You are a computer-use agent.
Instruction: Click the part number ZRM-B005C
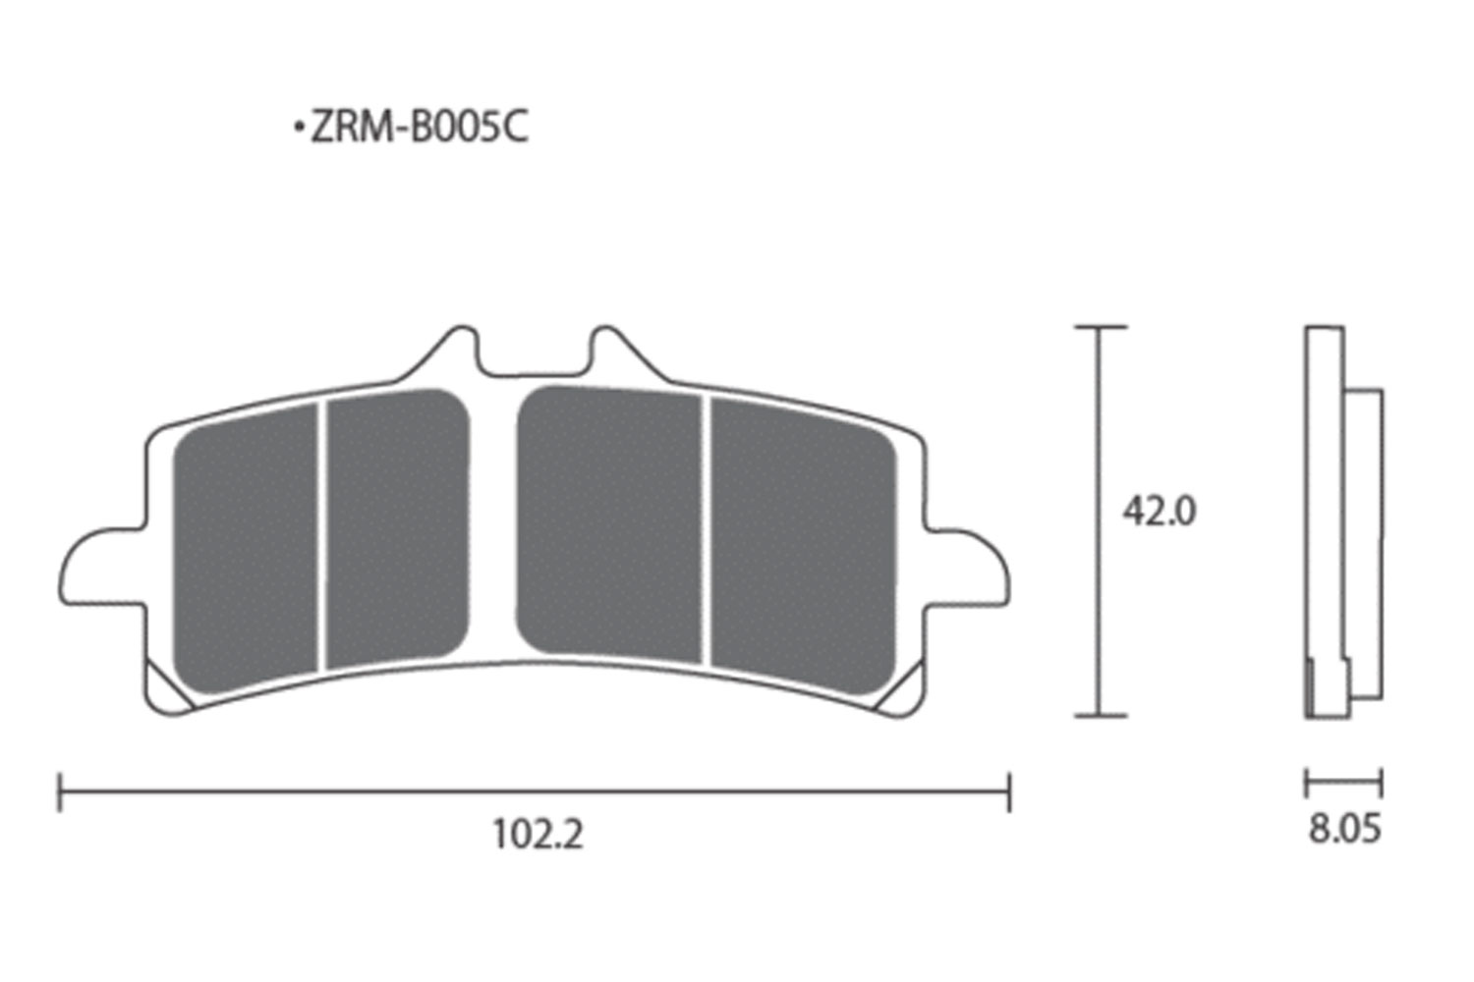(x=420, y=127)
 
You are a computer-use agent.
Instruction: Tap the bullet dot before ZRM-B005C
(x=300, y=128)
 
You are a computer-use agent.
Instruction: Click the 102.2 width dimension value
(x=538, y=835)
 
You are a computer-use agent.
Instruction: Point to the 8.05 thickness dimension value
(x=1344, y=829)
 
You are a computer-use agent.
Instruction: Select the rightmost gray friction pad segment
(x=804, y=545)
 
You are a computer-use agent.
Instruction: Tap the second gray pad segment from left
(x=399, y=528)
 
